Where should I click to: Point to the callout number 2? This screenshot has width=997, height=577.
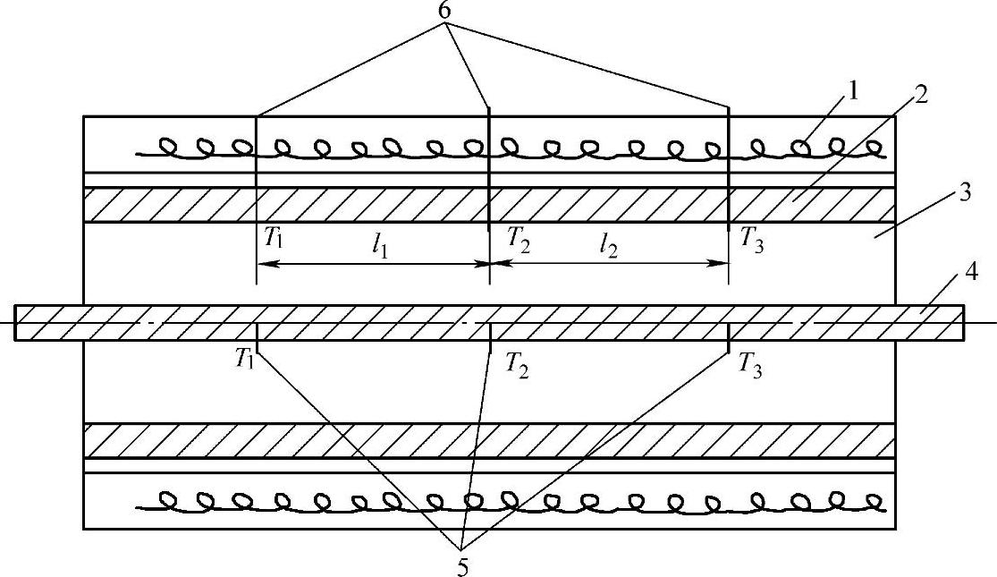point(920,93)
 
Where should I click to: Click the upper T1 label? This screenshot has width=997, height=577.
point(272,238)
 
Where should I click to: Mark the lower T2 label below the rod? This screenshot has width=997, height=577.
point(517,364)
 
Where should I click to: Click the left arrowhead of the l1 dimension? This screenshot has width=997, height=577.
point(264,264)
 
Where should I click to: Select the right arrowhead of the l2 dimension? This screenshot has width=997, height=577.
point(722,264)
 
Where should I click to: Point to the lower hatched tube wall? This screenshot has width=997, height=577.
point(488,440)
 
